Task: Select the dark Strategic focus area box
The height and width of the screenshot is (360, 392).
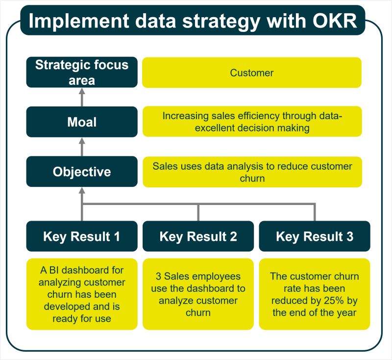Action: click(82, 72)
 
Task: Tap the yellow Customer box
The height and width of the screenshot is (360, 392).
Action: click(252, 73)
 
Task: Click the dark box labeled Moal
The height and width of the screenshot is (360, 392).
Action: click(82, 122)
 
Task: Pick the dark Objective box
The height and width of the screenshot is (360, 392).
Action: click(82, 172)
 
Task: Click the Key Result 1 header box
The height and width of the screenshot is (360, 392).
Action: click(82, 236)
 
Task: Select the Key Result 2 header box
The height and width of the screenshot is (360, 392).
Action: click(198, 236)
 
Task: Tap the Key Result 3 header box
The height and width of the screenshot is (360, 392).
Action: click(314, 236)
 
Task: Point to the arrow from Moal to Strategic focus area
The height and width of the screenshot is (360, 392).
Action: click(82, 97)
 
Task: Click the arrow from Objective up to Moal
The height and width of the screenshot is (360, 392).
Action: click(82, 147)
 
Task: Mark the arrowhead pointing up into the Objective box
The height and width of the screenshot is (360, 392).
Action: click(82, 191)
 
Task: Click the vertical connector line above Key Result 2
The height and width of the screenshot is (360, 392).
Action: click(198, 212)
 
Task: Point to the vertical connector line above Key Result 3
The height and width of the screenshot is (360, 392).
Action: click(314, 212)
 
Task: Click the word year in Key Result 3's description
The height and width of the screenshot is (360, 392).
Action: click(345, 312)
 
